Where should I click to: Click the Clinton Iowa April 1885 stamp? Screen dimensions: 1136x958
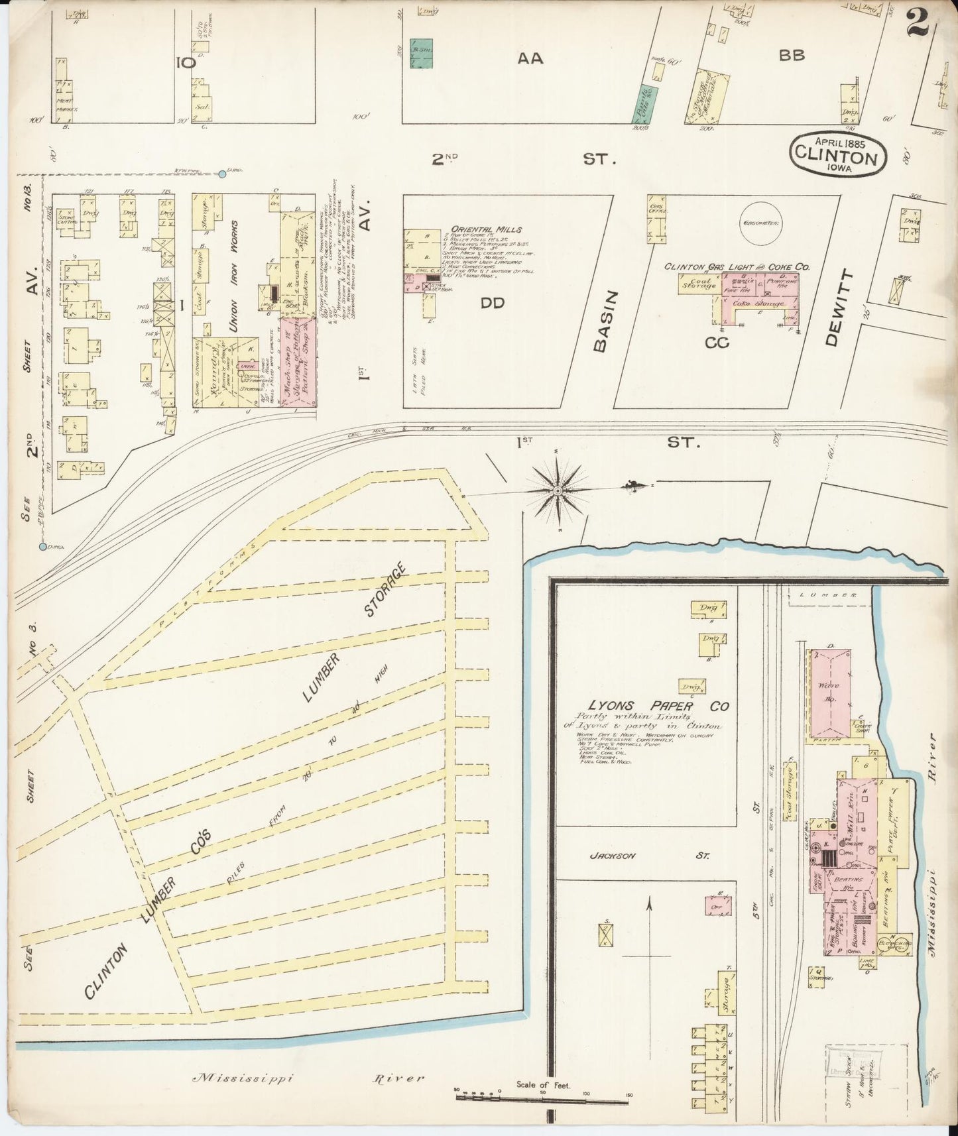click(x=838, y=153)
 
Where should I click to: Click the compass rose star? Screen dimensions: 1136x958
click(x=558, y=490)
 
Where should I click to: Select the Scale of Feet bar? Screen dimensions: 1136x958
click(x=542, y=1098)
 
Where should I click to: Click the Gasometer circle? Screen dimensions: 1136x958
click(x=761, y=222)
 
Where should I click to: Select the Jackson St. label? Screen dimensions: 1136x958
click(x=649, y=856)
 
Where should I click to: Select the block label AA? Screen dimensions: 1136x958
click(x=530, y=58)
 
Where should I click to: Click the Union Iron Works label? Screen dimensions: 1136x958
click(x=233, y=276)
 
